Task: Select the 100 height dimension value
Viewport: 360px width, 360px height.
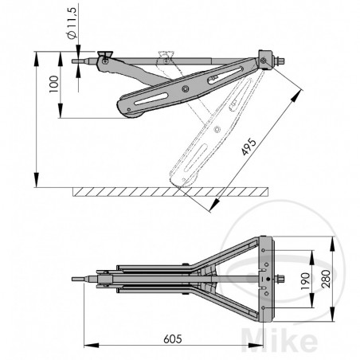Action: click(x=53, y=85)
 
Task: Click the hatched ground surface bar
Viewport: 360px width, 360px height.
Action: click(x=168, y=193)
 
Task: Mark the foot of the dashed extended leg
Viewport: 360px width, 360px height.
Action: click(x=179, y=181)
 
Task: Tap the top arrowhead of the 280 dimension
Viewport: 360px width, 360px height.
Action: click(x=332, y=240)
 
